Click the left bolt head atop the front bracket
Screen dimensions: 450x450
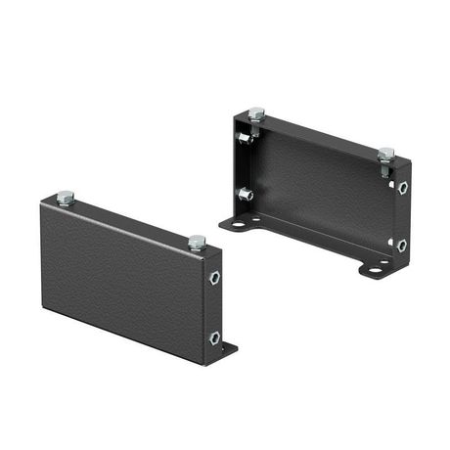(x=66, y=199)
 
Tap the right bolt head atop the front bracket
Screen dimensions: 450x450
(x=197, y=242)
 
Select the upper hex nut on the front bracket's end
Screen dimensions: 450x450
(x=214, y=278)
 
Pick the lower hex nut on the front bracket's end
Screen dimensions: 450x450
(x=214, y=337)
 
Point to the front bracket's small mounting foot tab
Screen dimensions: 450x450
(x=229, y=348)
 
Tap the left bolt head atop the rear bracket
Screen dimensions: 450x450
(x=256, y=114)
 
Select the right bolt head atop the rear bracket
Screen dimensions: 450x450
(x=385, y=155)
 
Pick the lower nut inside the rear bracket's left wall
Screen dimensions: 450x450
(x=248, y=195)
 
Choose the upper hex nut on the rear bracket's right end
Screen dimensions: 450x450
(x=402, y=187)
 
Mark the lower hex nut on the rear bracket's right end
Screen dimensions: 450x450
(x=401, y=245)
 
